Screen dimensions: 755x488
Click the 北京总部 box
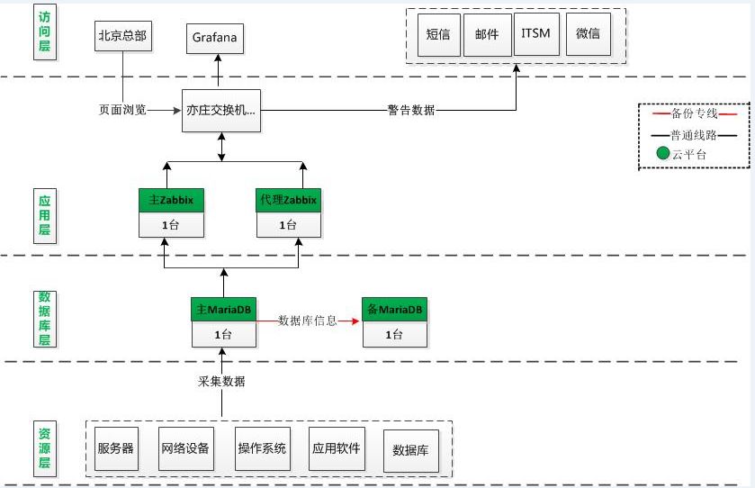coord(122,36)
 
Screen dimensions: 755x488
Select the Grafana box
coord(215,38)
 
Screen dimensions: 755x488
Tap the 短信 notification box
coord(438,35)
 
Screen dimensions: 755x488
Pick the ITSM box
coord(536,34)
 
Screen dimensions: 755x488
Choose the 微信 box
coord(588,34)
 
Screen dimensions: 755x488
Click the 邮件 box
coord(487,35)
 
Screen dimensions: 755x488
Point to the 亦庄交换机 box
coord(221,111)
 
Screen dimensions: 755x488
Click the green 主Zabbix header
coord(171,200)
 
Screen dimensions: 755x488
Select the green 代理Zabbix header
coord(289,200)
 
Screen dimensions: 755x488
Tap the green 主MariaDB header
coord(224,309)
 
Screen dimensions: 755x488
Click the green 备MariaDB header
coord(394,309)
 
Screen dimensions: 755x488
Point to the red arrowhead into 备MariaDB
coord(355,321)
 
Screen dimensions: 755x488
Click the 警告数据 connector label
coord(411,111)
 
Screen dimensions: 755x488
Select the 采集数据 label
coord(221,382)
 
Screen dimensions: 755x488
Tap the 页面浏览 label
coord(122,111)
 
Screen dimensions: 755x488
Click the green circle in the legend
coord(663,154)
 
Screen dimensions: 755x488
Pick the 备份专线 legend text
coord(695,113)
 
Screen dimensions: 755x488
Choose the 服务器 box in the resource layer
coord(116,448)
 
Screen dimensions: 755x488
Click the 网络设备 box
coord(186,448)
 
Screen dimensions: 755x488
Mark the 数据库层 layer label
coord(45,319)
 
